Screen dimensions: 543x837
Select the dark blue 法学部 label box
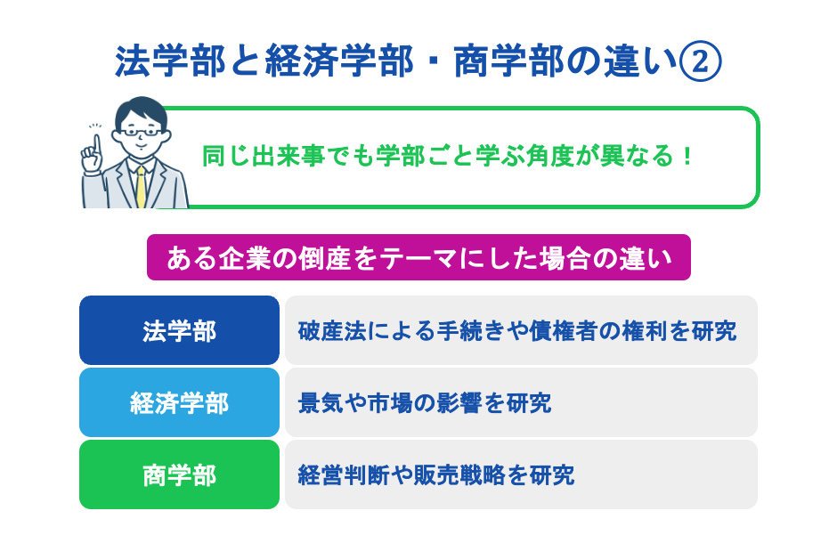tap(179, 330)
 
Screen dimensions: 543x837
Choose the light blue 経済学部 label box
tap(179, 402)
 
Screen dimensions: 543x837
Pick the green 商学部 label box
tap(179, 474)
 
